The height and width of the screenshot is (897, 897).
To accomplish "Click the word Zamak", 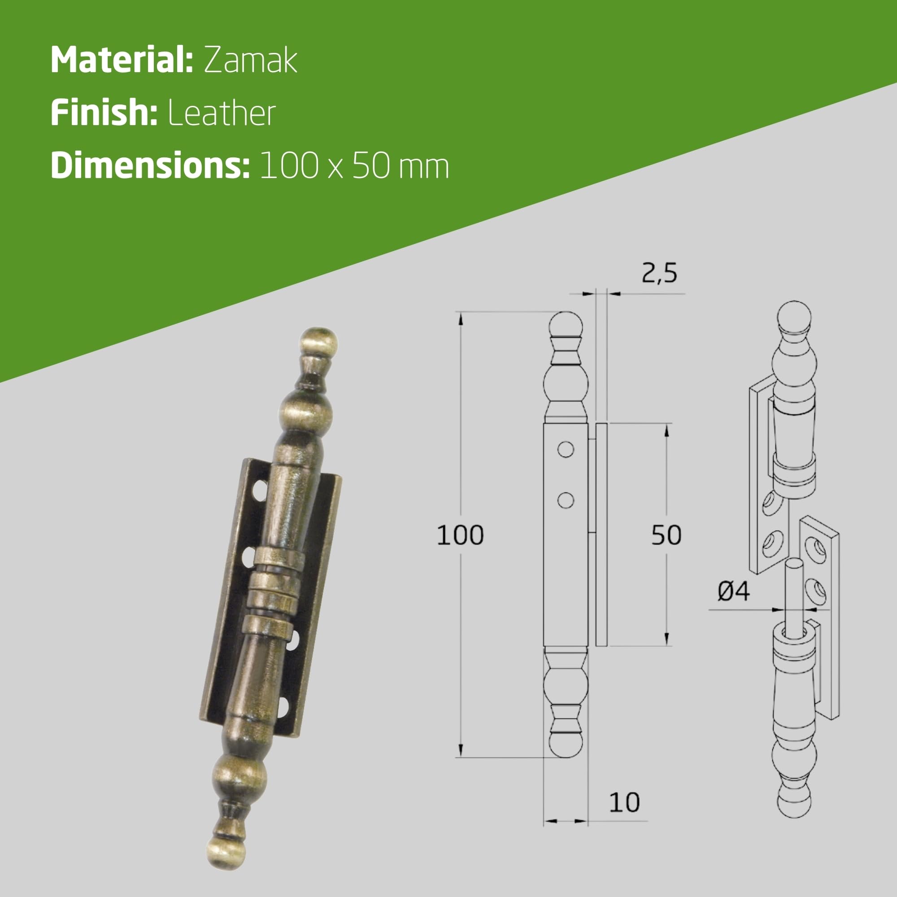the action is (250, 61).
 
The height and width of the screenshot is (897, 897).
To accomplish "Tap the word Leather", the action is (222, 113).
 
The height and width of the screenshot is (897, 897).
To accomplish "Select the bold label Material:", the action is (122, 60).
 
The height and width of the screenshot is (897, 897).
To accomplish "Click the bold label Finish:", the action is (104, 113).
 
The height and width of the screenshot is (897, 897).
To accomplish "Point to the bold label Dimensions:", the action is (150, 166).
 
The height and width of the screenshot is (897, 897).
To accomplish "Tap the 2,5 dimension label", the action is (659, 273).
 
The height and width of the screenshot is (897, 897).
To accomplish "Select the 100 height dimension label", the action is (460, 535).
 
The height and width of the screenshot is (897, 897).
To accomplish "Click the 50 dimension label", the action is (666, 535).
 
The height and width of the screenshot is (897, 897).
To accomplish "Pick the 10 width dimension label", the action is (624, 802).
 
